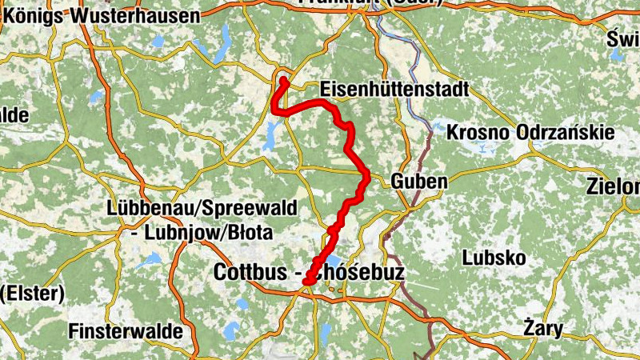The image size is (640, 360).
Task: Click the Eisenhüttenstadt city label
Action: [393, 89]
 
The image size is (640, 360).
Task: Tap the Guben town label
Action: [419, 182]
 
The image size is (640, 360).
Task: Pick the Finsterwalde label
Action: [126, 330]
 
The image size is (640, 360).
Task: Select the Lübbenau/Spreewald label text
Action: [202, 210]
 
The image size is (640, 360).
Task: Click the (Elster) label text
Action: [32, 294]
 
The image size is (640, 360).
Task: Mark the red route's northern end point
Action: [284, 80]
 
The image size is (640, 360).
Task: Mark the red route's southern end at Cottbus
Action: [307, 280]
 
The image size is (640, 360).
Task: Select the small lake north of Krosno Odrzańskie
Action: [438, 126]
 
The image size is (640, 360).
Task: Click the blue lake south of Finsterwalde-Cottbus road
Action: [232, 329]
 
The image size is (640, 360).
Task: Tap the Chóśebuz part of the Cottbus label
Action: [358, 273]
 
